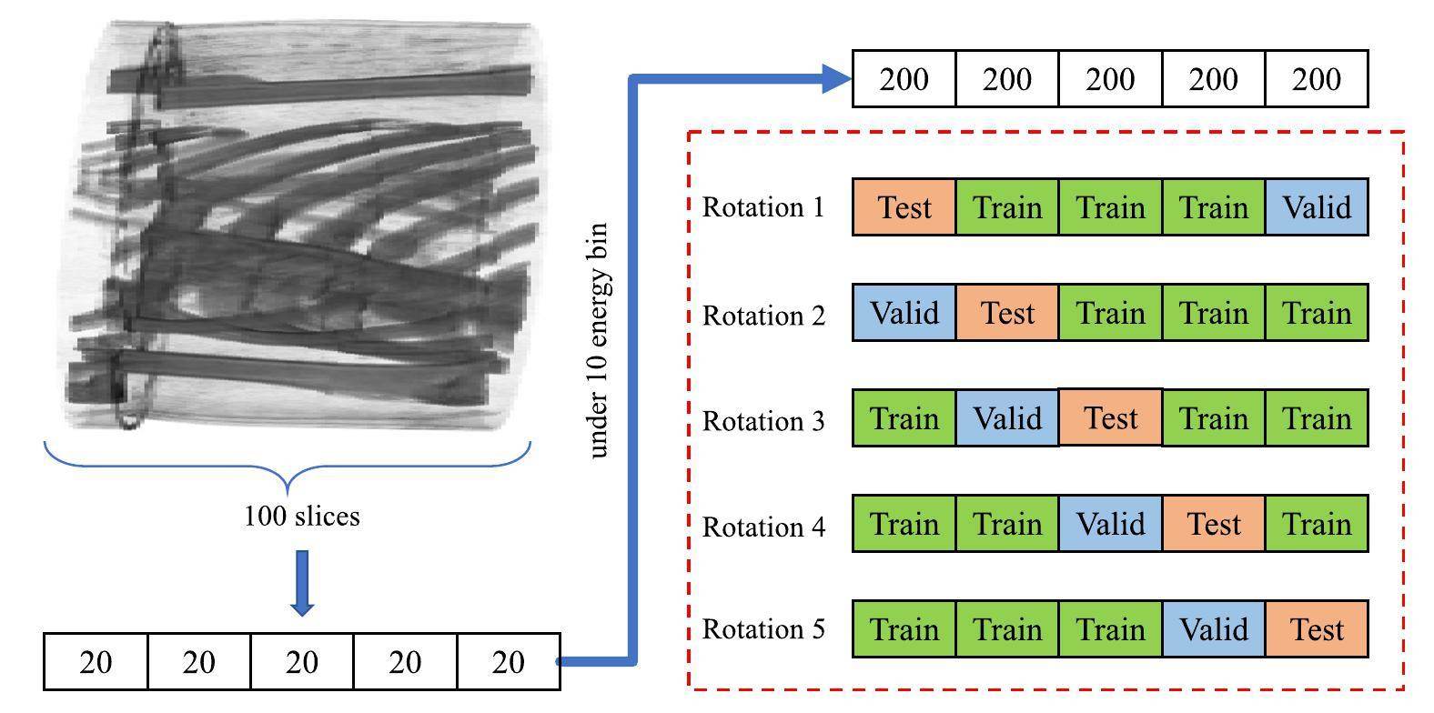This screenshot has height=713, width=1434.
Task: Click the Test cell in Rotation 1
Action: click(x=904, y=207)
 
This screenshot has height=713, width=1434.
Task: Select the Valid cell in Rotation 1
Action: click(x=1317, y=207)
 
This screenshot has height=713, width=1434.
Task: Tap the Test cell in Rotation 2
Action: click(x=1007, y=313)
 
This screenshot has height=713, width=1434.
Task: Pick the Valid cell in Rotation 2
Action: click(x=904, y=313)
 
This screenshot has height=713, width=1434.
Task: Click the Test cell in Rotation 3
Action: click(x=1110, y=418)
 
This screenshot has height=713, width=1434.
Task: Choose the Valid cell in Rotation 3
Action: click(x=1007, y=418)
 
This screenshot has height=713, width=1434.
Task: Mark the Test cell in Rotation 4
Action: click(x=1214, y=524)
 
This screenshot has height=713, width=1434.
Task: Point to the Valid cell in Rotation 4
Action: click(x=1110, y=524)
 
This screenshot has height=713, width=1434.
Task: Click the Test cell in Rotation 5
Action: click(x=1317, y=629)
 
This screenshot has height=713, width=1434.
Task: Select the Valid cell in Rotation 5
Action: click(x=1214, y=629)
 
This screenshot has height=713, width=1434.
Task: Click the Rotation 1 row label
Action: click(x=763, y=207)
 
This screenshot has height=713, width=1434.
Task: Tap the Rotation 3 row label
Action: click(x=763, y=421)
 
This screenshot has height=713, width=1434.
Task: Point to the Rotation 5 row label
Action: click(x=763, y=629)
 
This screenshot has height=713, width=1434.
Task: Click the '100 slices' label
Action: click(x=302, y=517)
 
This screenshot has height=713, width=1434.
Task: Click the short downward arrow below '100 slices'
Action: click(x=302, y=582)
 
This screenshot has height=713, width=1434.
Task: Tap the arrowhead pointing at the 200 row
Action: click(x=835, y=78)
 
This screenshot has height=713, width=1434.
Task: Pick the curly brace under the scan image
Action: click(x=288, y=464)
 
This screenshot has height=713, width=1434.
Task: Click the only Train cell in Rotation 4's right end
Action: click(x=1317, y=524)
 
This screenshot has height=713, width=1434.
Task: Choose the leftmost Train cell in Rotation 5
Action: click(x=904, y=629)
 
